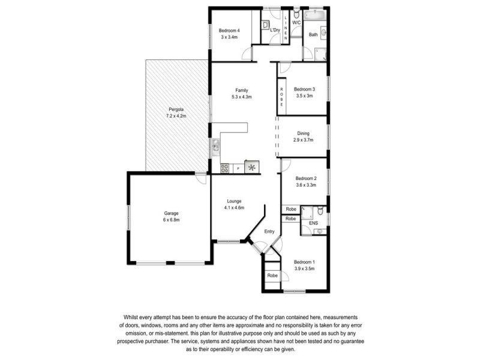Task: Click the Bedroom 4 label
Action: pos(229,31)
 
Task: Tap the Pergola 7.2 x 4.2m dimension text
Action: pos(176,116)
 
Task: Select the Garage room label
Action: pos(171,214)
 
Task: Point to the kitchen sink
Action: pos(216,145)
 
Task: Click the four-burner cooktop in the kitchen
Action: pos(224,168)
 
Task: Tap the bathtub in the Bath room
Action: pos(315,14)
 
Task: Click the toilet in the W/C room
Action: pos(296,14)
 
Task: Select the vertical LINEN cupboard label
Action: pos(286,28)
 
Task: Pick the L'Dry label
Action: pos(275,30)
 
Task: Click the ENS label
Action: pos(313,223)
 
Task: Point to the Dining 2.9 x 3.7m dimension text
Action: pos(303,140)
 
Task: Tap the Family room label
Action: pos(242,91)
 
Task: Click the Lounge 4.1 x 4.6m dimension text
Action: pos(234,208)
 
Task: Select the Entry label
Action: pos(269,232)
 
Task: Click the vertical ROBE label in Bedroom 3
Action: pos(281,97)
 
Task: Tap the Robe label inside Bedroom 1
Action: pos(272,275)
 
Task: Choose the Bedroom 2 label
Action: pos(306,178)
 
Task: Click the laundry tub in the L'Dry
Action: pos(265,25)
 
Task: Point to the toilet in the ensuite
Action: pos(320,211)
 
